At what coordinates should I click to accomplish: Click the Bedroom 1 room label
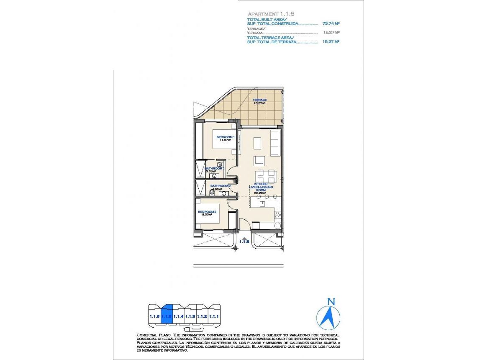coord(226,139)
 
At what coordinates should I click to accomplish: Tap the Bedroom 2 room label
coord(207,213)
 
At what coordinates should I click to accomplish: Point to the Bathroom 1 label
coord(214,170)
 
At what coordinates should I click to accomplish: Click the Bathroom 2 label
coord(220,186)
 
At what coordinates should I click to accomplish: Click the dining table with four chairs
coord(266,176)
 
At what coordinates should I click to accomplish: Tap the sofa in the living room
coord(275,143)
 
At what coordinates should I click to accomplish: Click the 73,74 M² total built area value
coord(331,24)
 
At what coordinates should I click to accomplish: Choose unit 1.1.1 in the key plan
coord(215,316)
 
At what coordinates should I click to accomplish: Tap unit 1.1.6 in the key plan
coord(154,316)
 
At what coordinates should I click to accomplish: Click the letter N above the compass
coord(331,301)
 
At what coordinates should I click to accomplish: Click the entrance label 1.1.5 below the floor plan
coord(244,241)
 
